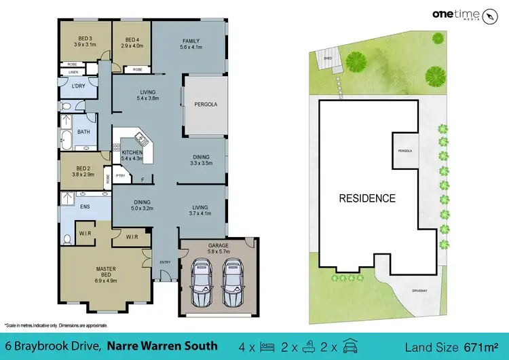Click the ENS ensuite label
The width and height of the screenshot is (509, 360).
(86, 205)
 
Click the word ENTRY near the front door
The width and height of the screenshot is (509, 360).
(166, 262)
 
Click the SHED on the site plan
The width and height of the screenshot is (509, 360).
(327, 59)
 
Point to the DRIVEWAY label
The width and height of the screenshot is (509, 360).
(420, 290)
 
